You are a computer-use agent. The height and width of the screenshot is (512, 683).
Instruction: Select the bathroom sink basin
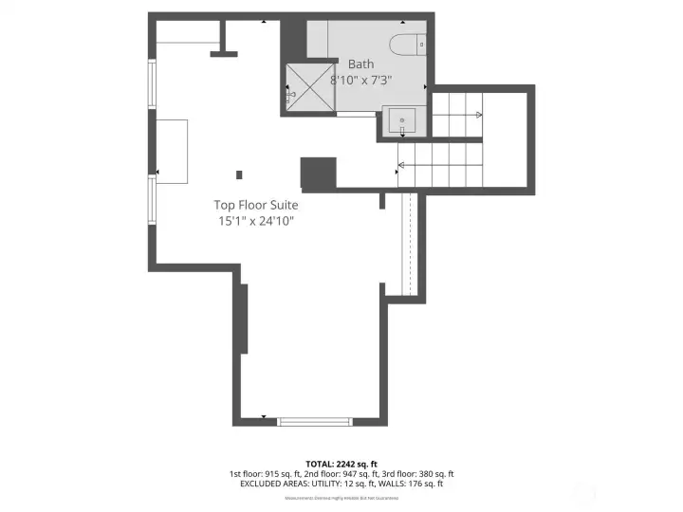403,120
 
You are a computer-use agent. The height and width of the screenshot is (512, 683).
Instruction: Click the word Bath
360,64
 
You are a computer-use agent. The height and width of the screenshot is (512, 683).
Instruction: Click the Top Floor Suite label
255,205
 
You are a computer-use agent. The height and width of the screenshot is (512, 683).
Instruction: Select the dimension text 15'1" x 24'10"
255,221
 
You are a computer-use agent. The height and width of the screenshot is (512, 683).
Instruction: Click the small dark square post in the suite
239,174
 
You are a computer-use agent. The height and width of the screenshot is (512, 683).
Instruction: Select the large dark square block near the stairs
318,173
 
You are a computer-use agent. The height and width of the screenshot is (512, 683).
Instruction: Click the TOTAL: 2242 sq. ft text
341,463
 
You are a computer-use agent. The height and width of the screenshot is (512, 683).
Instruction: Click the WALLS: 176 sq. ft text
416,485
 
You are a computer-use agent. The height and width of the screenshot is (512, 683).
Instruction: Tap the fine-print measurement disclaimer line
341,497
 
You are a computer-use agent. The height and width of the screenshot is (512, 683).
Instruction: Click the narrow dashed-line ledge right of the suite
409,244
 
